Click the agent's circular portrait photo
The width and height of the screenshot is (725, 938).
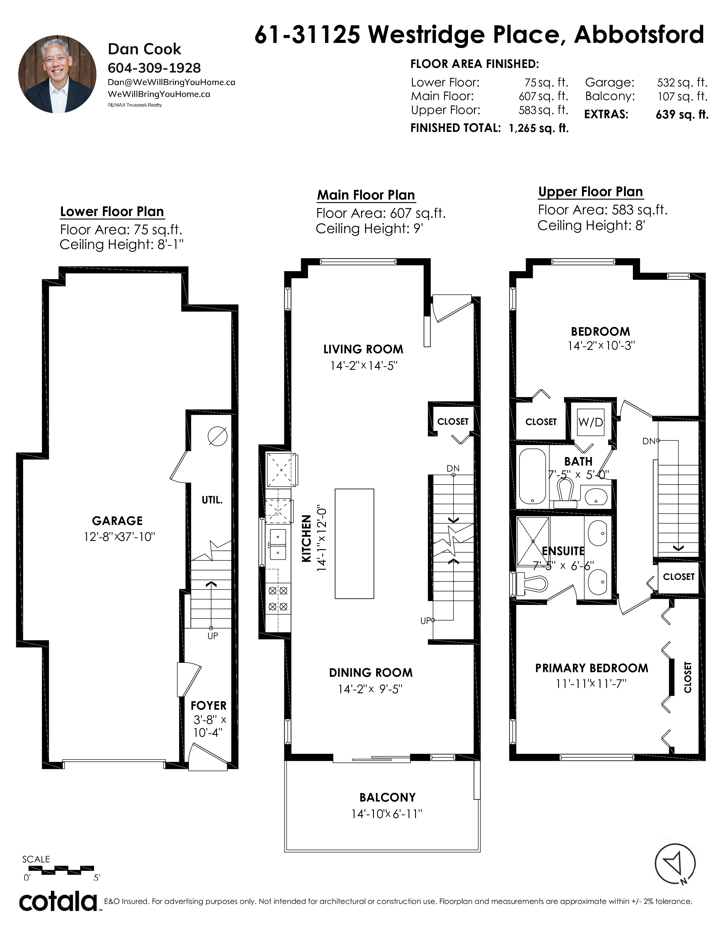click(57, 74)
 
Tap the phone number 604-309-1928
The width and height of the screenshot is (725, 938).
click(154, 68)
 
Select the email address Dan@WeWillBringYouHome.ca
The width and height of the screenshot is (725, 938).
click(171, 82)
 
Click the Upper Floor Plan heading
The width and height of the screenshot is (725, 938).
click(591, 192)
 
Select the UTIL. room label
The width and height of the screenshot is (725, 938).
click(212, 500)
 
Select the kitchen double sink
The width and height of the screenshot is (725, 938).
click(277, 544)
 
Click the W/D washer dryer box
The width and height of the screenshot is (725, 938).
click(591, 422)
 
